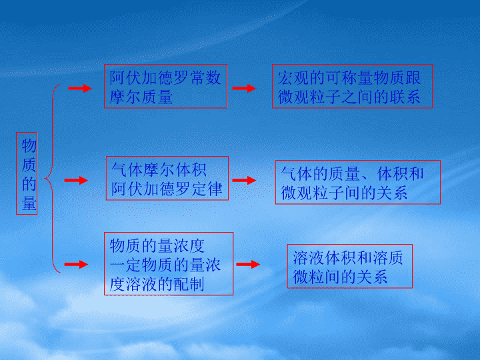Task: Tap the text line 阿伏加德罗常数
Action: (165, 77)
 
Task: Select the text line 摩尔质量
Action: (141, 97)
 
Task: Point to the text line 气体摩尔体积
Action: (159, 169)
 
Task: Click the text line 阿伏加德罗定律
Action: (167, 189)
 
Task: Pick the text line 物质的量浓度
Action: (157, 246)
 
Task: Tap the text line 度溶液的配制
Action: (157, 284)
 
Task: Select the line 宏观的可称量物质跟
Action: (349, 78)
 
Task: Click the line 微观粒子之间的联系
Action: (349, 97)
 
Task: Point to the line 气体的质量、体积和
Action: (353, 173)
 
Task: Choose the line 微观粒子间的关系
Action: (344, 193)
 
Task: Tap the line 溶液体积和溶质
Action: (348, 257)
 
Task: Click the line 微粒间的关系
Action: (340, 277)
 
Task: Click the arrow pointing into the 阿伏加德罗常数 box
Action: (80, 88)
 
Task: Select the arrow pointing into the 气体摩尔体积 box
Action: (76, 180)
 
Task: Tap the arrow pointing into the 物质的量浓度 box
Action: (76, 264)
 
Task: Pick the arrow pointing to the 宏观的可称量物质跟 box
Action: (244, 88)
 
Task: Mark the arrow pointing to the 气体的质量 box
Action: (244, 180)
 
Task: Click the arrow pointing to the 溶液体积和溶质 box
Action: (248, 264)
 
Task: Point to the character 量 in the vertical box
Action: (29, 203)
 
